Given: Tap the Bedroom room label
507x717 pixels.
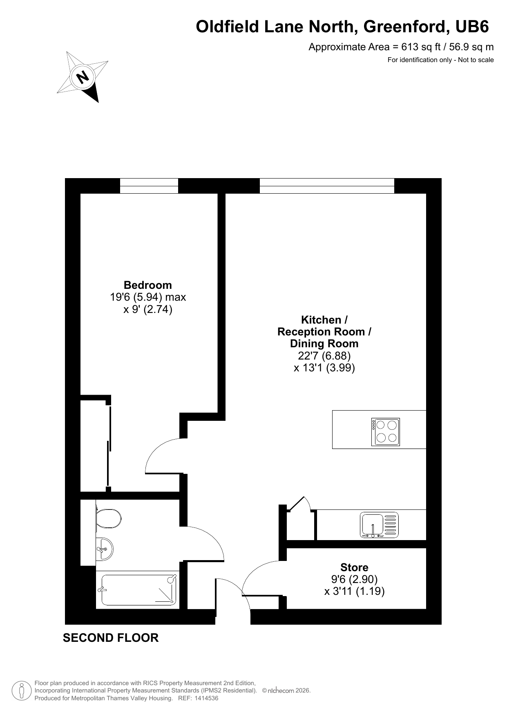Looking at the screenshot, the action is pos(148,285).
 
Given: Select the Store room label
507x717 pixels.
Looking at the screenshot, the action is pos(354,567).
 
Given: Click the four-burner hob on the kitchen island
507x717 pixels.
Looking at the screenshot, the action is pos(386,431).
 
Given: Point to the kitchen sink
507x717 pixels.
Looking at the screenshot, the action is pos(379,525).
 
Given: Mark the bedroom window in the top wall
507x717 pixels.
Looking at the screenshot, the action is pos(149,186).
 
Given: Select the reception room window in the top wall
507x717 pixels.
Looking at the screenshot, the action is pos(327,186).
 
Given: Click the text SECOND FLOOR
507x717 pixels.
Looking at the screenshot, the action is pos(111,638).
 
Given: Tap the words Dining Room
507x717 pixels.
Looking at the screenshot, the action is pos(324,344).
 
